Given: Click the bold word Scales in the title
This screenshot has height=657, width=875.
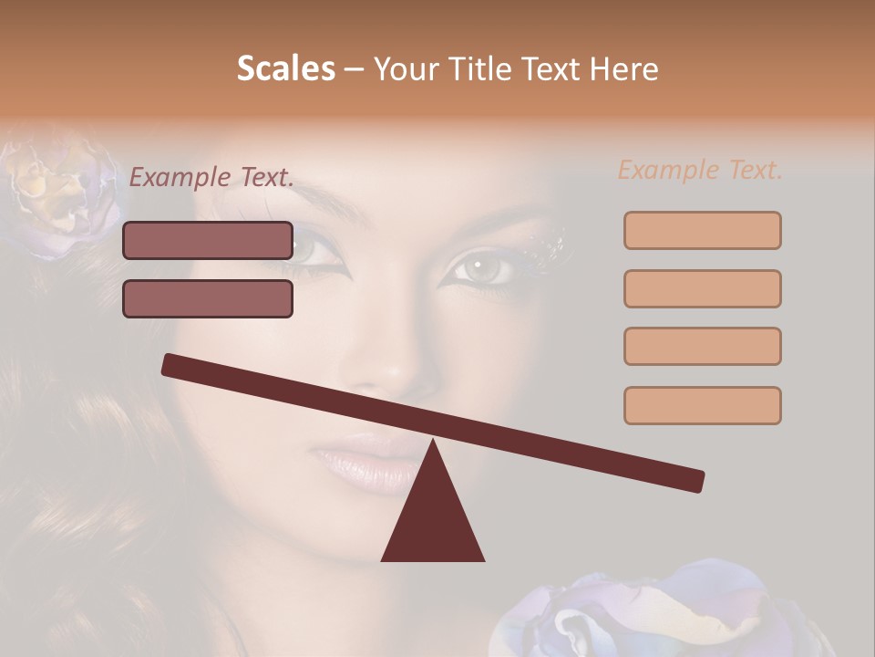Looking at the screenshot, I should point(285,68).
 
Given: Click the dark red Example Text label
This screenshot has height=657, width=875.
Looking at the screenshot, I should point(211,178).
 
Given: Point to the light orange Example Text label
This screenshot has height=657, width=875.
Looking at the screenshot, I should point(700,170).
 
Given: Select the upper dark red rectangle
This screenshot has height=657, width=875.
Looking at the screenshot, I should point(208,241).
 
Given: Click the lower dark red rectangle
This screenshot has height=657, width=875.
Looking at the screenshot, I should point(208,298).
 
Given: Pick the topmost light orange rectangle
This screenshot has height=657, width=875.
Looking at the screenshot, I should point(702,231).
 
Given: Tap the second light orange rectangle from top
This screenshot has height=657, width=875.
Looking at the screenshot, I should point(702,288).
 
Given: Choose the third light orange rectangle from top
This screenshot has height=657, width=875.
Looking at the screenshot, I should point(702,346).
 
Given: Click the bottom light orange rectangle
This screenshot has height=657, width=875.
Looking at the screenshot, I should point(702,405).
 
